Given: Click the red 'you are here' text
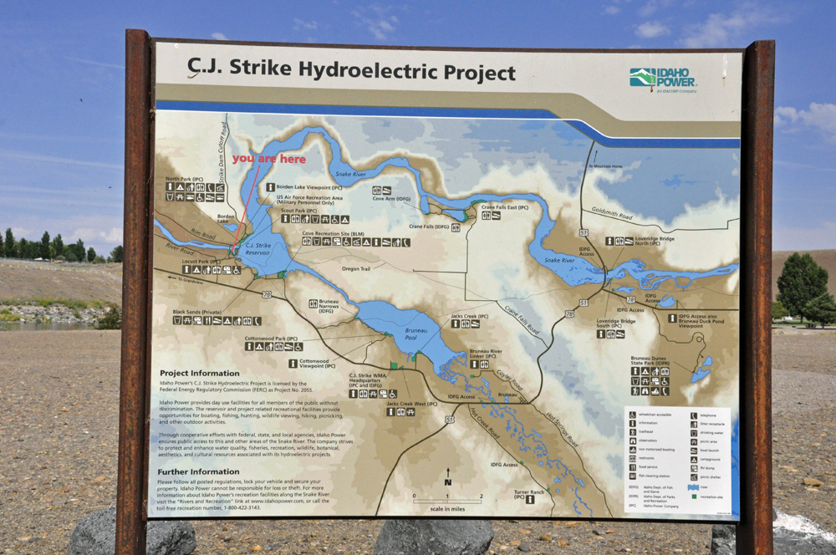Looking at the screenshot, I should click(x=268, y=159).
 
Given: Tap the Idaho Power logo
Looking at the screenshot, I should click(x=663, y=79).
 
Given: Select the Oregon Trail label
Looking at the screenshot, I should click(x=360, y=268).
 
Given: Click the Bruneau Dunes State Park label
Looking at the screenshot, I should click(x=650, y=362).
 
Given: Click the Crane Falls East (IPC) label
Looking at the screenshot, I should click(x=503, y=206).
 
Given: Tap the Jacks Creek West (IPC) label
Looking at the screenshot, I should click(x=412, y=404).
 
